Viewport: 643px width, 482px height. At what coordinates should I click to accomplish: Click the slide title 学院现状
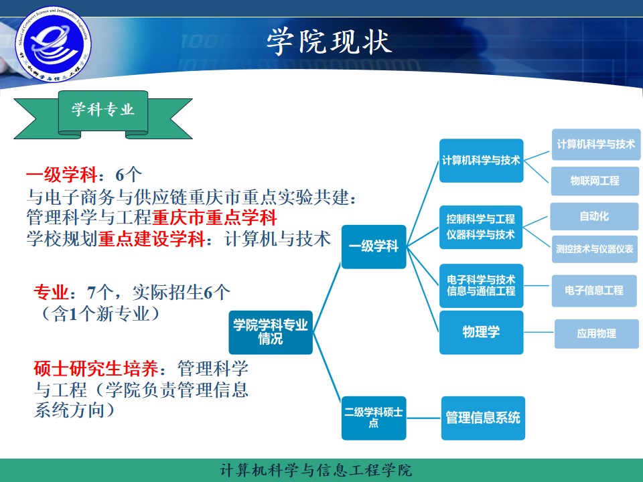tap(328, 42)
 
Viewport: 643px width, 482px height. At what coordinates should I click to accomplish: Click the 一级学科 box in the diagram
tap(374, 247)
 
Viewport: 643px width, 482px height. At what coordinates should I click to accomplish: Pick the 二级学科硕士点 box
tap(374, 418)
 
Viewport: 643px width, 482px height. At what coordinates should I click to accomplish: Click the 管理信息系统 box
tap(482, 418)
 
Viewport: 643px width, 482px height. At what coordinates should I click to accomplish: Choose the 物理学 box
tap(481, 332)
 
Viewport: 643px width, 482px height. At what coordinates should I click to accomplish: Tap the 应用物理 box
tap(596, 333)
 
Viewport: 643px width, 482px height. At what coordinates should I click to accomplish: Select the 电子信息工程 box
tap(594, 291)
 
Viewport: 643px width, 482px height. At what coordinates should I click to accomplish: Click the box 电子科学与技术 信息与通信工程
tap(481, 285)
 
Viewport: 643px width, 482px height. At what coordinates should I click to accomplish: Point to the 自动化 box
tap(594, 217)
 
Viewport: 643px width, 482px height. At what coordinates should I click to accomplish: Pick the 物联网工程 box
tap(594, 181)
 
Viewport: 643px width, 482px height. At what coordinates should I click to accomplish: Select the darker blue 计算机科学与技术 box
tap(481, 161)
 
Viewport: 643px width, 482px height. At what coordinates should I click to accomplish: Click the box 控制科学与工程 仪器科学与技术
tap(481, 227)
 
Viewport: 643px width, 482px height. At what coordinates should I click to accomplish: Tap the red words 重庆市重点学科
tap(214, 218)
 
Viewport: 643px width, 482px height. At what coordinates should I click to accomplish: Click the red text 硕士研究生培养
tap(96, 368)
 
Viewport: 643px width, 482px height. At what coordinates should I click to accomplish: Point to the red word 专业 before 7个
tap(51, 293)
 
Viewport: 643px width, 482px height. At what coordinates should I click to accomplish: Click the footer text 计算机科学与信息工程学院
tap(316, 470)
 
